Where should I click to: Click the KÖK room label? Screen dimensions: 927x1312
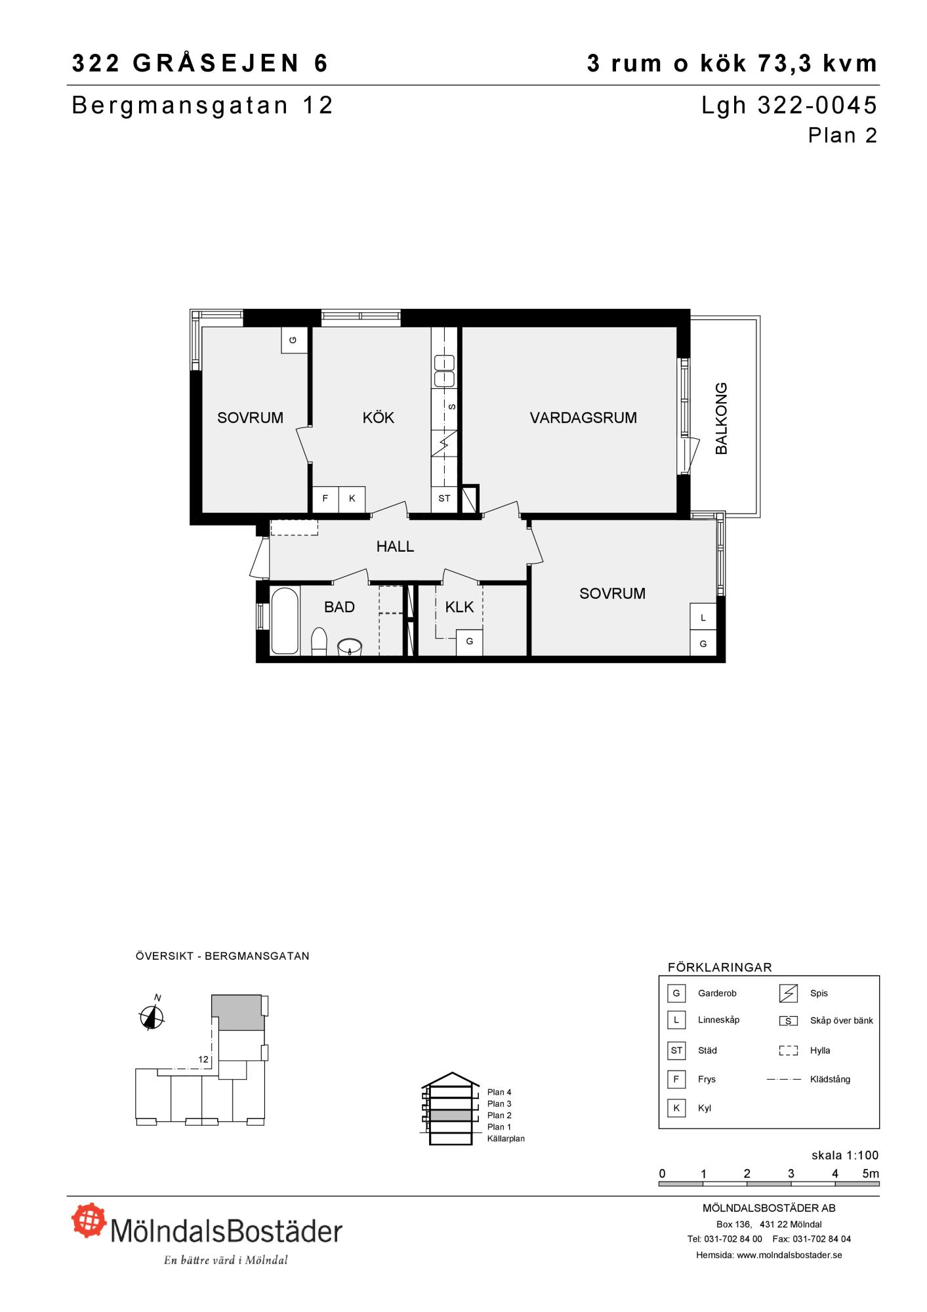tap(379, 418)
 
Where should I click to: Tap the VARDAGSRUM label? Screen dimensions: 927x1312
tap(583, 418)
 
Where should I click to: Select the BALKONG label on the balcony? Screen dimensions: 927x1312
tap(721, 418)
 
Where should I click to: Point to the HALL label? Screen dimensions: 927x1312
tap(395, 546)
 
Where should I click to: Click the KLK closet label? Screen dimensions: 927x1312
tap(459, 607)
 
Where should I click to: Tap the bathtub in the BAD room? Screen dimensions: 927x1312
tap(285, 621)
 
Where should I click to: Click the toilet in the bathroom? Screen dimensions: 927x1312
tap(319, 642)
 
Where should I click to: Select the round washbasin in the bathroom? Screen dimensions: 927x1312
tap(350, 647)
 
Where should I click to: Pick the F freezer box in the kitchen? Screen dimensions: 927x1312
tap(325, 499)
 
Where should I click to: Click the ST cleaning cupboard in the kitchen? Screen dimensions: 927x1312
tap(444, 499)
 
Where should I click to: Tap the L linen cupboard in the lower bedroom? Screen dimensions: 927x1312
tap(703, 617)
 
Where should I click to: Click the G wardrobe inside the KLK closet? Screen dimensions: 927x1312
tap(470, 642)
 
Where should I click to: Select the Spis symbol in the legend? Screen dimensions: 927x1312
tap(788, 994)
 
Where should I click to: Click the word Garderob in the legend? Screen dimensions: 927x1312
tap(717, 993)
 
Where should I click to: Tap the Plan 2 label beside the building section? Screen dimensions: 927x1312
tap(499, 1115)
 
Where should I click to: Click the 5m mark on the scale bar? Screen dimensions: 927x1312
tap(871, 1174)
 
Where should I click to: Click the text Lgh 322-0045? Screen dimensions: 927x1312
tap(789, 105)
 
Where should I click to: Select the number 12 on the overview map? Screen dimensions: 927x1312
tap(203, 1059)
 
